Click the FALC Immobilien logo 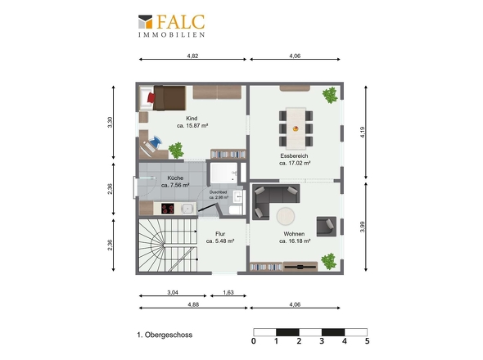(172, 26)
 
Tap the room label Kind (192, 119)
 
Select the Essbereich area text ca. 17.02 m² (295, 163)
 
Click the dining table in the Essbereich (296, 128)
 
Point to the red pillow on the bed (151, 98)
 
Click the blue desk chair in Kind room (155, 142)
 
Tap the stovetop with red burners (168, 209)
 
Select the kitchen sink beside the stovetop (187, 209)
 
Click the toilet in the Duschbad (236, 210)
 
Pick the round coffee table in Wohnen (286, 216)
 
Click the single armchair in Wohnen (326, 227)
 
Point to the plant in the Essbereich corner (330, 95)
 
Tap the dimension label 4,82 (192, 56)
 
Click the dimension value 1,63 (228, 293)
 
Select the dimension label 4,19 (363, 132)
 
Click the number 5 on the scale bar (367, 341)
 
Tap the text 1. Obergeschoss (165, 335)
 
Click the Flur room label (220, 234)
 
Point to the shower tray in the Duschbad (224, 173)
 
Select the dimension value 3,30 (110, 122)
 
